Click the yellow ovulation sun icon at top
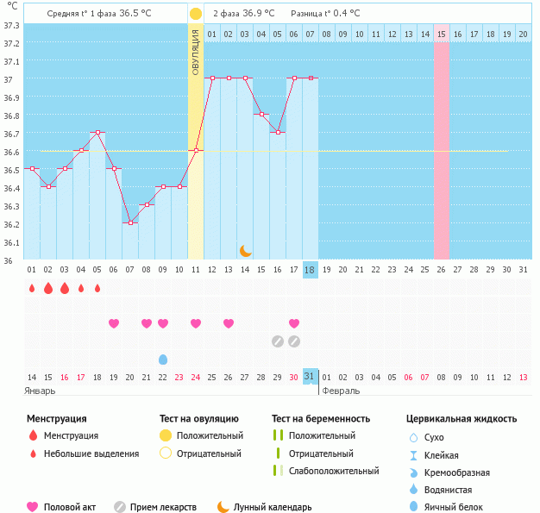tap(196, 14)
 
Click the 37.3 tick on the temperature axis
tap(11, 25)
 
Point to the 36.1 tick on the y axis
tap(11, 242)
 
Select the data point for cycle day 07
tap(130, 222)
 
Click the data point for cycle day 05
tap(97, 133)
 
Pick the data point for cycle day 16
tap(278, 132)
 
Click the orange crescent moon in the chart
tap(246, 250)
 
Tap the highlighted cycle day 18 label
tap(311, 270)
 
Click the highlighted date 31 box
tap(311, 376)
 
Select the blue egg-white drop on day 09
tap(163, 359)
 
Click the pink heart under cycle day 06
tap(114, 323)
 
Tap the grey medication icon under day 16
tap(278, 341)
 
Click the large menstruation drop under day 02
tap(48, 288)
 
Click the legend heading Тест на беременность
tap(322, 418)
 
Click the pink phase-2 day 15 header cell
tap(442, 34)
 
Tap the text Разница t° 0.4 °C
tap(326, 14)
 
